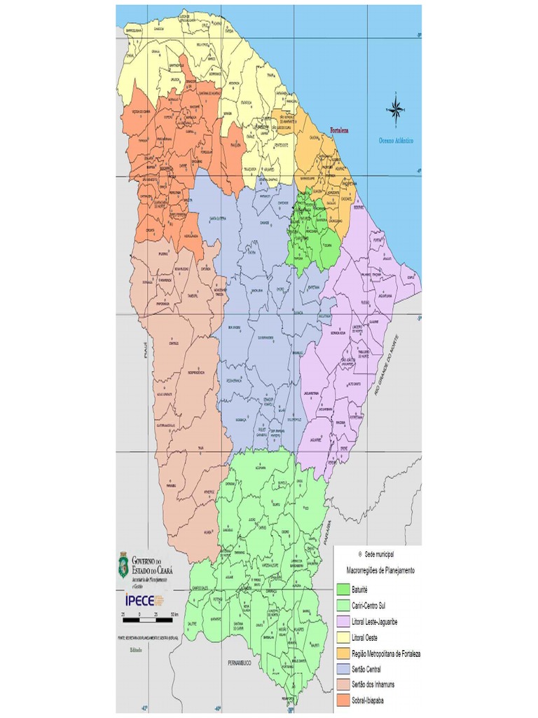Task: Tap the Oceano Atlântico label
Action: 396,141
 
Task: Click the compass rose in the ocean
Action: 395,110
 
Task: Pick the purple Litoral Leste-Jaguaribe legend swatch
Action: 343,621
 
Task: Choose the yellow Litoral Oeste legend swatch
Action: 343,637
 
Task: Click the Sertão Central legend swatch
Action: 343,670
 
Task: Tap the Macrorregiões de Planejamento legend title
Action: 380,571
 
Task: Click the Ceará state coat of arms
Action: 123,565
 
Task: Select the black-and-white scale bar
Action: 148,619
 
